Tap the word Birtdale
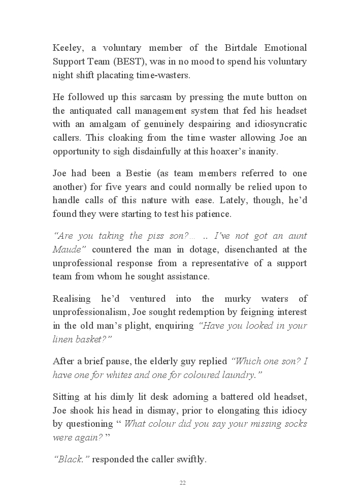tap(241, 48)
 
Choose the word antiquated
tap(90, 111)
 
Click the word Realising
tap(72, 298)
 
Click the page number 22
tap(182, 483)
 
